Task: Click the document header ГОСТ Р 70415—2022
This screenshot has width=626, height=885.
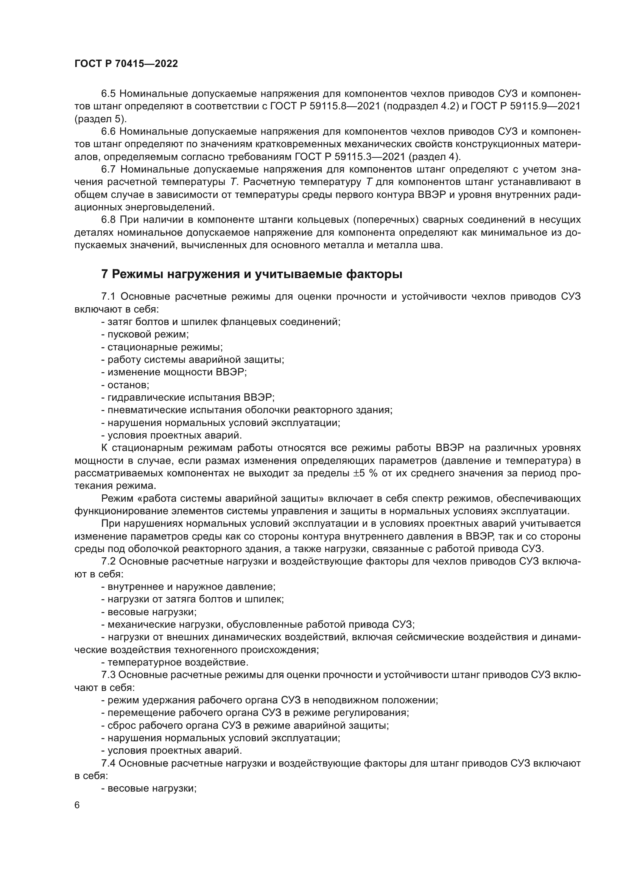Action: click(126, 64)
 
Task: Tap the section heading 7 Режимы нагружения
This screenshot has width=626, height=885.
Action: click(252, 274)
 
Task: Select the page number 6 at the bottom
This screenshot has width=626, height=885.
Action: click(77, 805)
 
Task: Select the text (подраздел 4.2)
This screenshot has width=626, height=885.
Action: click(421, 106)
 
